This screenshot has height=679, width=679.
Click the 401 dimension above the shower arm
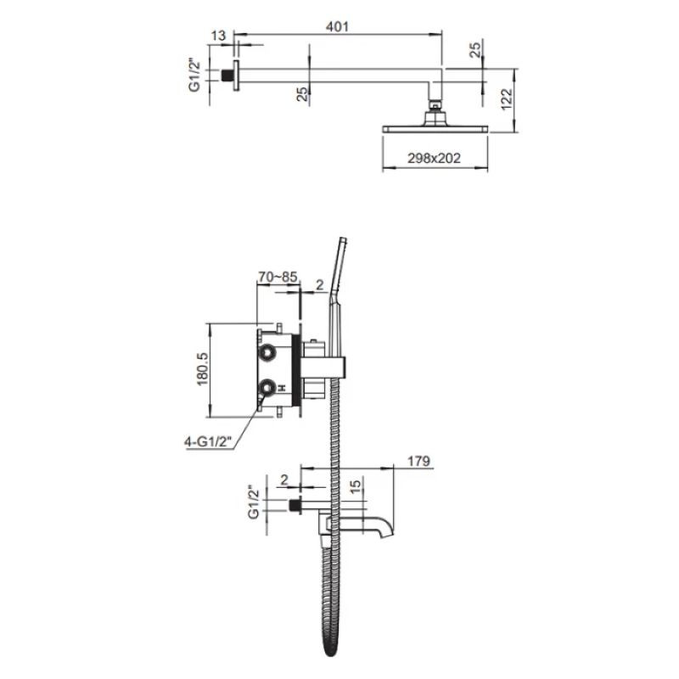337,26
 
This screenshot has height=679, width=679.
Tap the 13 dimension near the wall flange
219,36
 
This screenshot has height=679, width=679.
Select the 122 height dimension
507,99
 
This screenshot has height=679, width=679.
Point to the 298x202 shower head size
434,158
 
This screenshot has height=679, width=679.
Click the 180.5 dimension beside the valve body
203,369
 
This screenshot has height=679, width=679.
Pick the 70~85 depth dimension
278,277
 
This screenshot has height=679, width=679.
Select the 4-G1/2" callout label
208,442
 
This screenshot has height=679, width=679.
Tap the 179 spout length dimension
418,461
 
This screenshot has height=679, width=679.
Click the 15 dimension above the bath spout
355,486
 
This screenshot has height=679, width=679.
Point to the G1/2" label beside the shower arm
195,76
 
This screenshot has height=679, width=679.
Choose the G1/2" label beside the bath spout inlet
254,502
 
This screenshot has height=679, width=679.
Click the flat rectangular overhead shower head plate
435,129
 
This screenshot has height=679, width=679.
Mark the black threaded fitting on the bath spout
295,506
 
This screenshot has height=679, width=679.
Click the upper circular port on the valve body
267,353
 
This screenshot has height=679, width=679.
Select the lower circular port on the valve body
267,387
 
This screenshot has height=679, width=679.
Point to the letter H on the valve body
282,387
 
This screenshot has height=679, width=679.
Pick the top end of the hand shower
343,239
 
